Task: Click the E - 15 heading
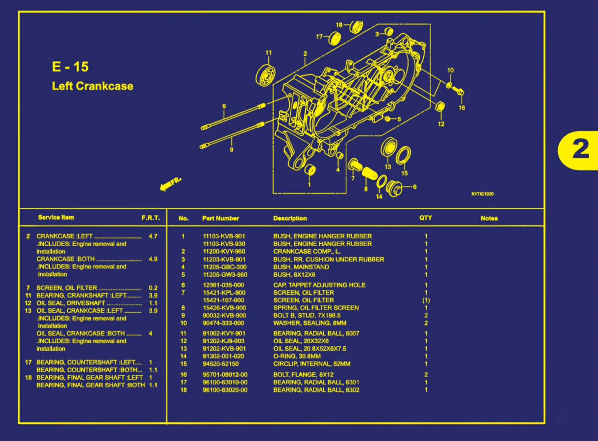coord(70,67)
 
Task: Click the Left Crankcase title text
coord(93,86)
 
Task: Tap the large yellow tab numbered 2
coord(579,150)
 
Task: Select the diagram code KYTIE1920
coord(482,194)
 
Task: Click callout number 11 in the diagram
coord(268,52)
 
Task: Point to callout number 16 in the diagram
coord(462,108)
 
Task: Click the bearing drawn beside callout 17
coord(334,38)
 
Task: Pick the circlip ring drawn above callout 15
coord(403,155)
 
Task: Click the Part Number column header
coord(220,218)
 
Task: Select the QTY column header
coord(425,218)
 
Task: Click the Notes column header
coord(489,218)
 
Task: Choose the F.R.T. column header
coord(151,218)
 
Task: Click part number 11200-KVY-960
coord(224,252)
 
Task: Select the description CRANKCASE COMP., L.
coord(307,252)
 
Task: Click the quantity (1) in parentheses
coord(426,301)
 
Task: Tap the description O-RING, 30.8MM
coord(297,356)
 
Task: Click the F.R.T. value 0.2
coord(153,288)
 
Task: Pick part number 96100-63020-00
coord(225,390)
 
